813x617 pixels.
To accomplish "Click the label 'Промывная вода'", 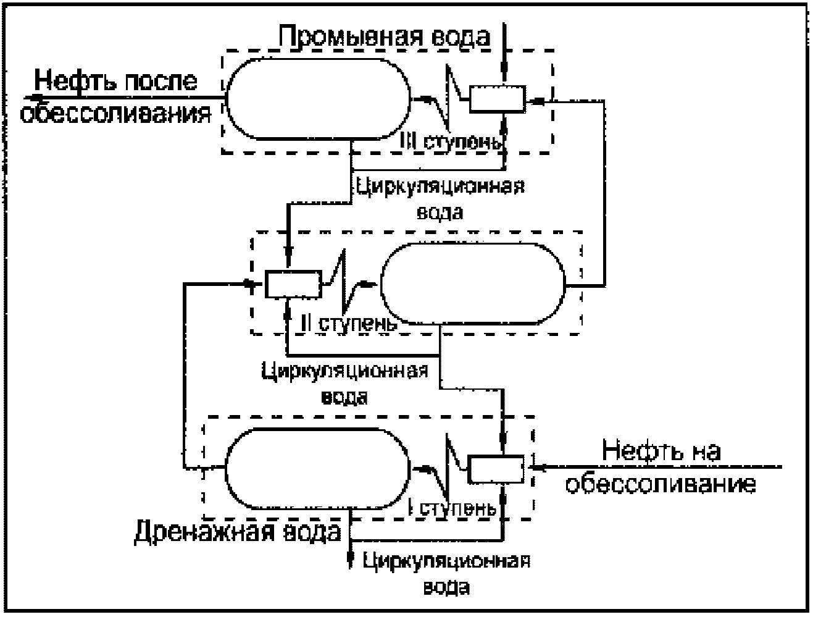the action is pyautogui.click(x=385, y=36).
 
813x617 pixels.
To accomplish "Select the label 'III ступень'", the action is pyautogui.click(x=451, y=141).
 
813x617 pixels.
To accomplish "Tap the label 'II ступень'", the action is pyautogui.click(x=349, y=324).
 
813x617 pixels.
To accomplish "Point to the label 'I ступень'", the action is pyautogui.click(x=452, y=509).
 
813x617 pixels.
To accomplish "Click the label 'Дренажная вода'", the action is pyautogui.click(x=238, y=532).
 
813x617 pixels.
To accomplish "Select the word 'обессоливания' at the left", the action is pyautogui.click(x=115, y=114).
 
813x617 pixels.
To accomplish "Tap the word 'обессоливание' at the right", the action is pyautogui.click(x=661, y=484).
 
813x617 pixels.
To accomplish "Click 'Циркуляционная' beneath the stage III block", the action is pyautogui.click(x=440, y=187).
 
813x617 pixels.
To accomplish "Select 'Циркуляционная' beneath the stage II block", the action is pyautogui.click(x=345, y=371).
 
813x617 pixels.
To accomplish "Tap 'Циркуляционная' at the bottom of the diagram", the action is pyautogui.click(x=446, y=561).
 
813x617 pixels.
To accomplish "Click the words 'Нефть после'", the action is pyautogui.click(x=115, y=81).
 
